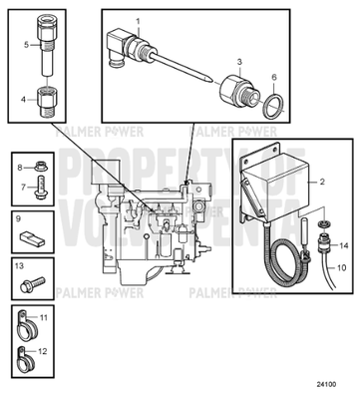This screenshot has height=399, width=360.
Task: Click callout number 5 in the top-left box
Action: (26, 45)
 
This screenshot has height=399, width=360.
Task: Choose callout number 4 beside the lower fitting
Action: (26, 100)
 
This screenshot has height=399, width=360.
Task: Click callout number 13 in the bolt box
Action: (20, 266)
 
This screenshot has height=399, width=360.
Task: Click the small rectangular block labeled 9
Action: (32, 240)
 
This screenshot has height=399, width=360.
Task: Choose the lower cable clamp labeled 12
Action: (27, 353)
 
